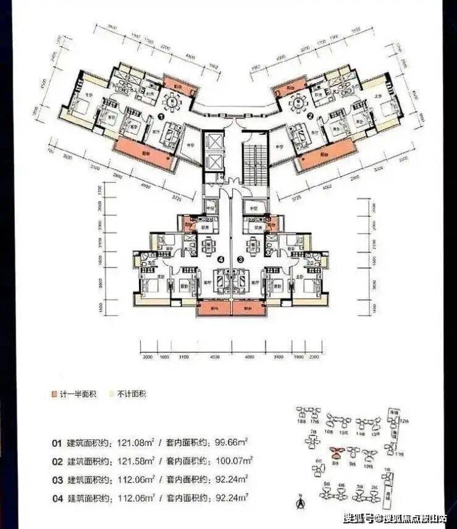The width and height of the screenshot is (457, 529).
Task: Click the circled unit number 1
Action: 161,116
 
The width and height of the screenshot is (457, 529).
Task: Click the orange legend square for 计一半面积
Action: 55,394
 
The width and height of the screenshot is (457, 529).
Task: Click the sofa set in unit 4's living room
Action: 220,277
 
